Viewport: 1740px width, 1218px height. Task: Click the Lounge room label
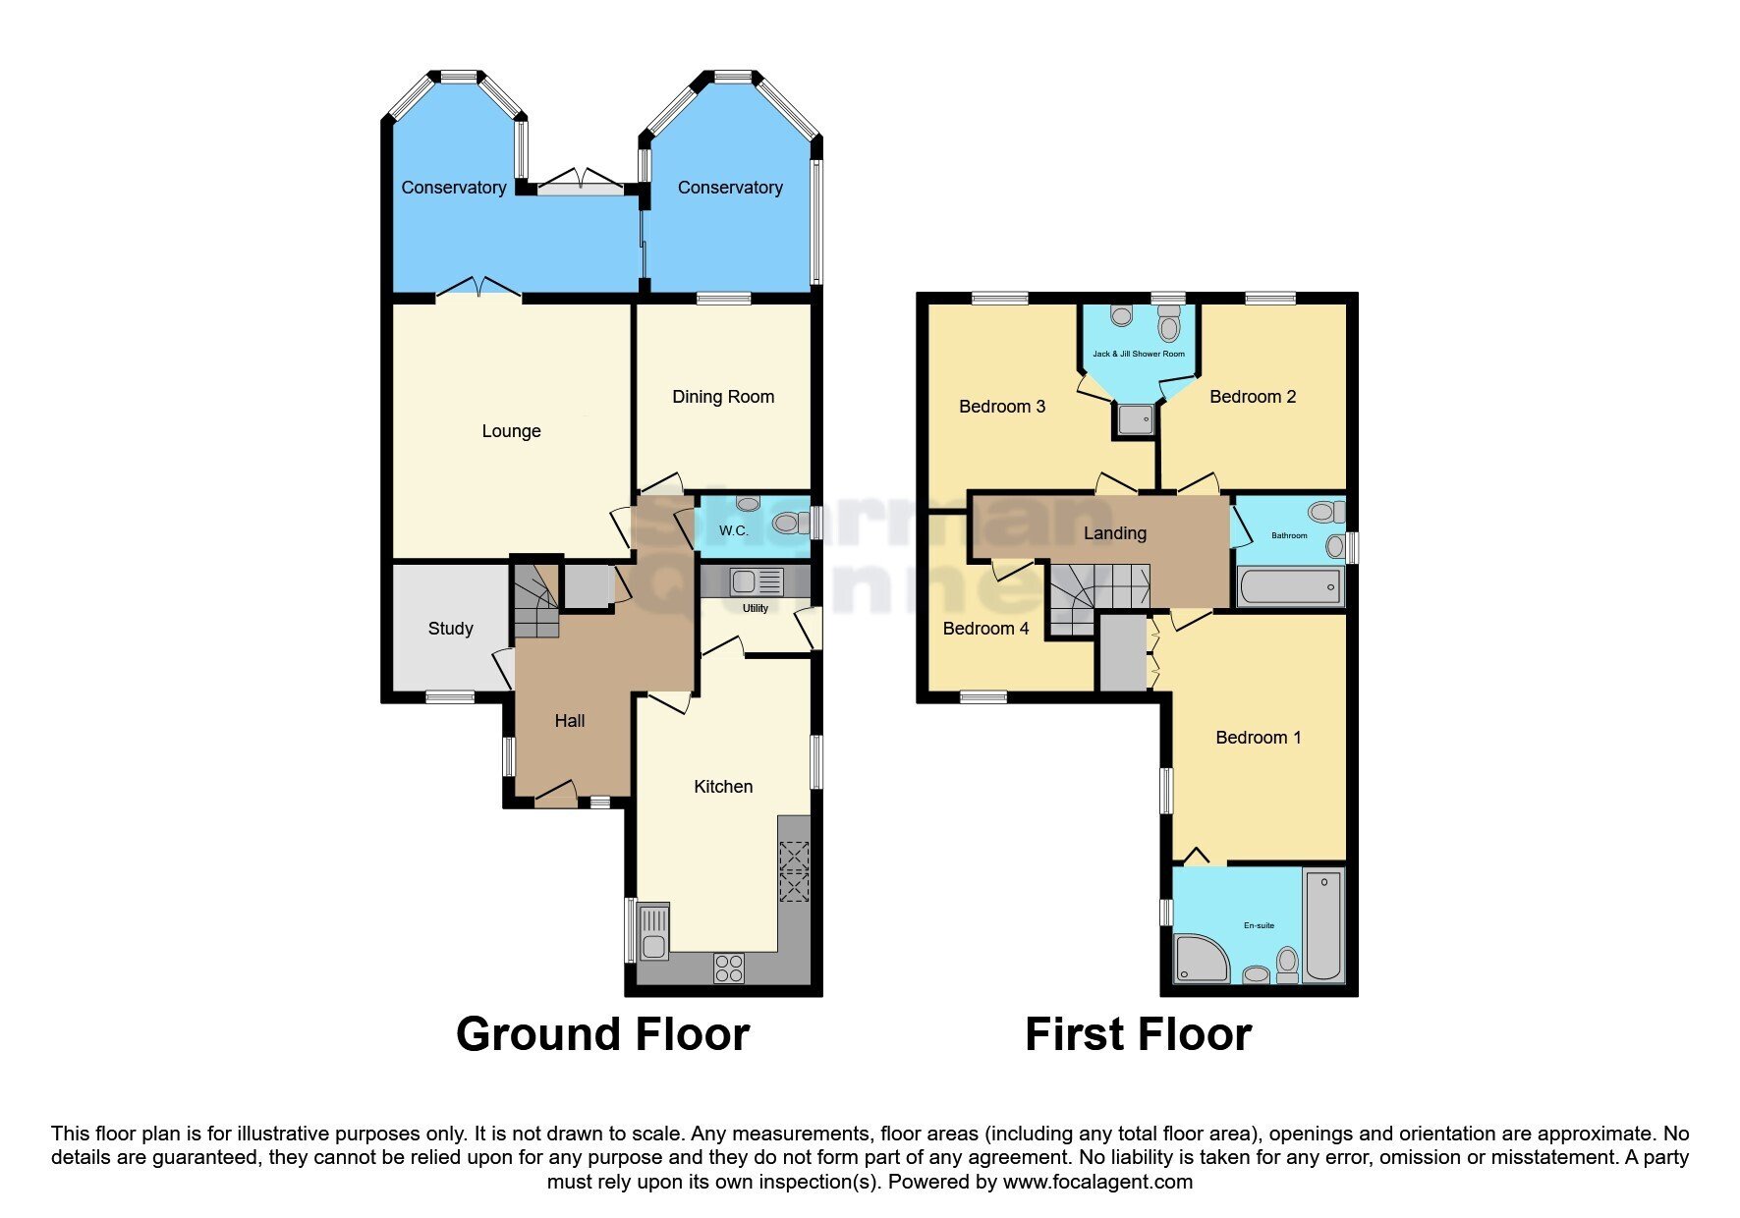click(x=511, y=431)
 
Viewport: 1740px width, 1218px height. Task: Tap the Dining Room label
click(x=723, y=397)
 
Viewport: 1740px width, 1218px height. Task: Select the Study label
click(x=450, y=629)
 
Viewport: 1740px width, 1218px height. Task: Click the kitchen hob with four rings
click(x=729, y=969)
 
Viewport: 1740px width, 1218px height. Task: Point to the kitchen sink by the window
click(x=653, y=932)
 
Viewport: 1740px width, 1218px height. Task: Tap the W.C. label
click(x=733, y=530)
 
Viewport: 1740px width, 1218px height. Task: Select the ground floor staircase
click(x=534, y=601)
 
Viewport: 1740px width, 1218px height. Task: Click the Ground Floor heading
click(x=602, y=1034)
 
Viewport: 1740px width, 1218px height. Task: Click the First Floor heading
click(x=1138, y=1034)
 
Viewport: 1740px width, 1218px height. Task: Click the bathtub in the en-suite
click(x=1323, y=923)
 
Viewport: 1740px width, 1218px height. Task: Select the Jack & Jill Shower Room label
click(x=1139, y=354)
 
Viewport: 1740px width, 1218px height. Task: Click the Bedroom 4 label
click(x=985, y=629)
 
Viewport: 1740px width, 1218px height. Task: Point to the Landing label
click(x=1114, y=533)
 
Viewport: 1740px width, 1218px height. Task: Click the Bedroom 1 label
click(x=1258, y=738)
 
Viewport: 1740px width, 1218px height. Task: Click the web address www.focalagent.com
click(x=1097, y=1182)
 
